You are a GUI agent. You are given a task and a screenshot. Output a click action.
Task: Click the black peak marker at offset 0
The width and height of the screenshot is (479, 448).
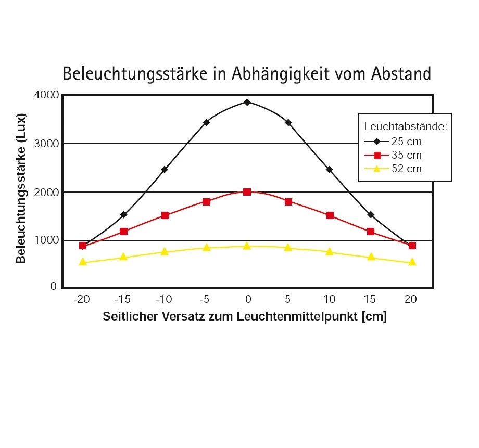[247, 102]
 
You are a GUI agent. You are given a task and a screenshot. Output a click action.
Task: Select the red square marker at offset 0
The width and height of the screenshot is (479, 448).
[247, 192]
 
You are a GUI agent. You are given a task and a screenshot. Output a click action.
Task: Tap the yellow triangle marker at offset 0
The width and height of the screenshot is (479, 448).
[247, 246]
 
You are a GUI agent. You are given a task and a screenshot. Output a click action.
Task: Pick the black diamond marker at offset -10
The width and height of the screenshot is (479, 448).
[165, 169]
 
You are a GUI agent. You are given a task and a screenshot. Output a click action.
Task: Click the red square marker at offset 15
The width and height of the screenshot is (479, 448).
[371, 232]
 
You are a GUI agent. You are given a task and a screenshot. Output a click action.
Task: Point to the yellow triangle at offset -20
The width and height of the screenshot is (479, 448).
[82, 262]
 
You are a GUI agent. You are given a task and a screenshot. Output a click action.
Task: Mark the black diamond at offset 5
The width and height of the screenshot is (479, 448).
[288, 122]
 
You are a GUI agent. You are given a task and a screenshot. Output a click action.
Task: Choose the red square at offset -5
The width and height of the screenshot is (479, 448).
[206, 202]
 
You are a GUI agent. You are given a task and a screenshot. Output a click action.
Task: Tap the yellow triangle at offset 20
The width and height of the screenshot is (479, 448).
[412, 262]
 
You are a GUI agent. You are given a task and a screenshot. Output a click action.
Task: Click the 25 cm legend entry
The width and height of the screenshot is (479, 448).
[406, 141]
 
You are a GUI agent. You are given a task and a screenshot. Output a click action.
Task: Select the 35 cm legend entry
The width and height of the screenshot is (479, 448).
[406, 155]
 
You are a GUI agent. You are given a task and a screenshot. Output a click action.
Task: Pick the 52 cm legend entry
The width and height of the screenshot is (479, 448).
[406, 169]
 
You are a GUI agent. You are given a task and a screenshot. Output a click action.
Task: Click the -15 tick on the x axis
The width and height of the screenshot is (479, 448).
[123, 299]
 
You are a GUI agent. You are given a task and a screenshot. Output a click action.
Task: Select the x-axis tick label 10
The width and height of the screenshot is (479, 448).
[330, 299]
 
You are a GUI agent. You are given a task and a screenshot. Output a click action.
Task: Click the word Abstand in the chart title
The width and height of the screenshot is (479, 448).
[401, 73]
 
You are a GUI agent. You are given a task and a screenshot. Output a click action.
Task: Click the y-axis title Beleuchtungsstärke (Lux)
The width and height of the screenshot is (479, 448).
[21, 188]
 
